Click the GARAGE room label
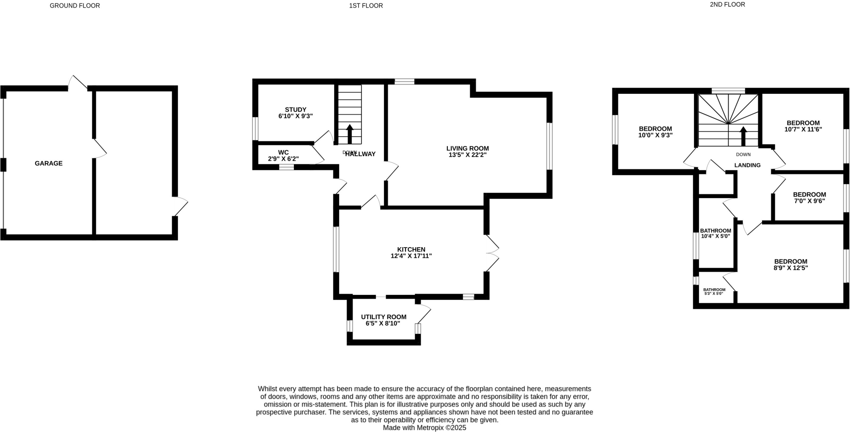[49, 163]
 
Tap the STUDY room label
[295, 110]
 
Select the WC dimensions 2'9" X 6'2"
[283, 159]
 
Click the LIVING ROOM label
[467, 148]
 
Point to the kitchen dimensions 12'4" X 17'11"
[411, 256]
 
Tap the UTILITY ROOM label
[383, 317]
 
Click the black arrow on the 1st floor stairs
[349, 134]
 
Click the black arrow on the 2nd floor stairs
[743, 136]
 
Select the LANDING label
[747, 165]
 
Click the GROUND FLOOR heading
[75, 5]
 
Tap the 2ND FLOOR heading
[733, 5]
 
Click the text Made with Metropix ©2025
[424, 427]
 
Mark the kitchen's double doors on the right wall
[492, 253]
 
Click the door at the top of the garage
[78, 83]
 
